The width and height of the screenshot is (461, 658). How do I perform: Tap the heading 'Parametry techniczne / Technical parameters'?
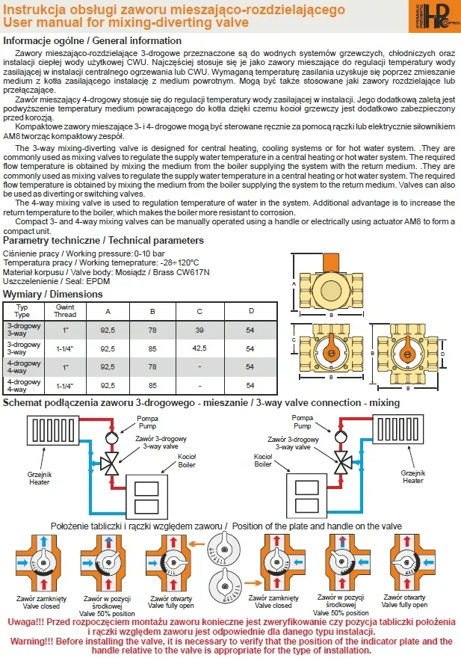tap(103, 241)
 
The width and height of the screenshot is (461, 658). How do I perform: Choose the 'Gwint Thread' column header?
tap(65, 311)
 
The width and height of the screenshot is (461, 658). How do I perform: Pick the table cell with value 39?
tap(199, 330)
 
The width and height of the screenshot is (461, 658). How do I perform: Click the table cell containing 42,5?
tap(199, 348)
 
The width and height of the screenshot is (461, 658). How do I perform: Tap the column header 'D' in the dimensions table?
tap(250, 311)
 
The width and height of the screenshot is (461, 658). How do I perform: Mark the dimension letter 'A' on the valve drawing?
tap(294, 285)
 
